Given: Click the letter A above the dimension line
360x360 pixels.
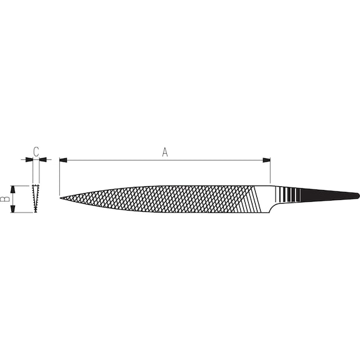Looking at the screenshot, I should (x=165, y=152).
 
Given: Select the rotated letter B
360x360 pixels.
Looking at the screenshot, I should (x=4, y=199).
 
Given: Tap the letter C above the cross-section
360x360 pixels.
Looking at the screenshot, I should (x=36, y=151).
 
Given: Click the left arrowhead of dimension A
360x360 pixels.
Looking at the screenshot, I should (x=63, y=161).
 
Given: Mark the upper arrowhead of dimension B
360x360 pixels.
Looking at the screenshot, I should (x=12, y=189).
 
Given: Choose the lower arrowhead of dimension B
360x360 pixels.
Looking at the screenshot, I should (x=12, y=209).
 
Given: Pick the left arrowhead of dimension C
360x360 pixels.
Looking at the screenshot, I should (x=29, y=160).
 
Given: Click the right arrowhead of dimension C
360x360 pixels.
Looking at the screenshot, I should (x=42, y=160).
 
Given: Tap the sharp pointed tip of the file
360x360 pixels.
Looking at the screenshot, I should (x=61, y=199).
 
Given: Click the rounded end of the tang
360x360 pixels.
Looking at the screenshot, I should (x=357, y=196).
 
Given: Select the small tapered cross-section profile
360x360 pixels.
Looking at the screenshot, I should (x=36, y=199).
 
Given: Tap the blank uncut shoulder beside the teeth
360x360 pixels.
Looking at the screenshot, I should (x=266, y=195).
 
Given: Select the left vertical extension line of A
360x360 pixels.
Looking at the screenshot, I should (x=59, y=178).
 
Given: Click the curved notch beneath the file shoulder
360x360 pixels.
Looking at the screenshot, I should (x=270, y=209).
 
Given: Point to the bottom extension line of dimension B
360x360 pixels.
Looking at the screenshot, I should (x=22, y=212).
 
